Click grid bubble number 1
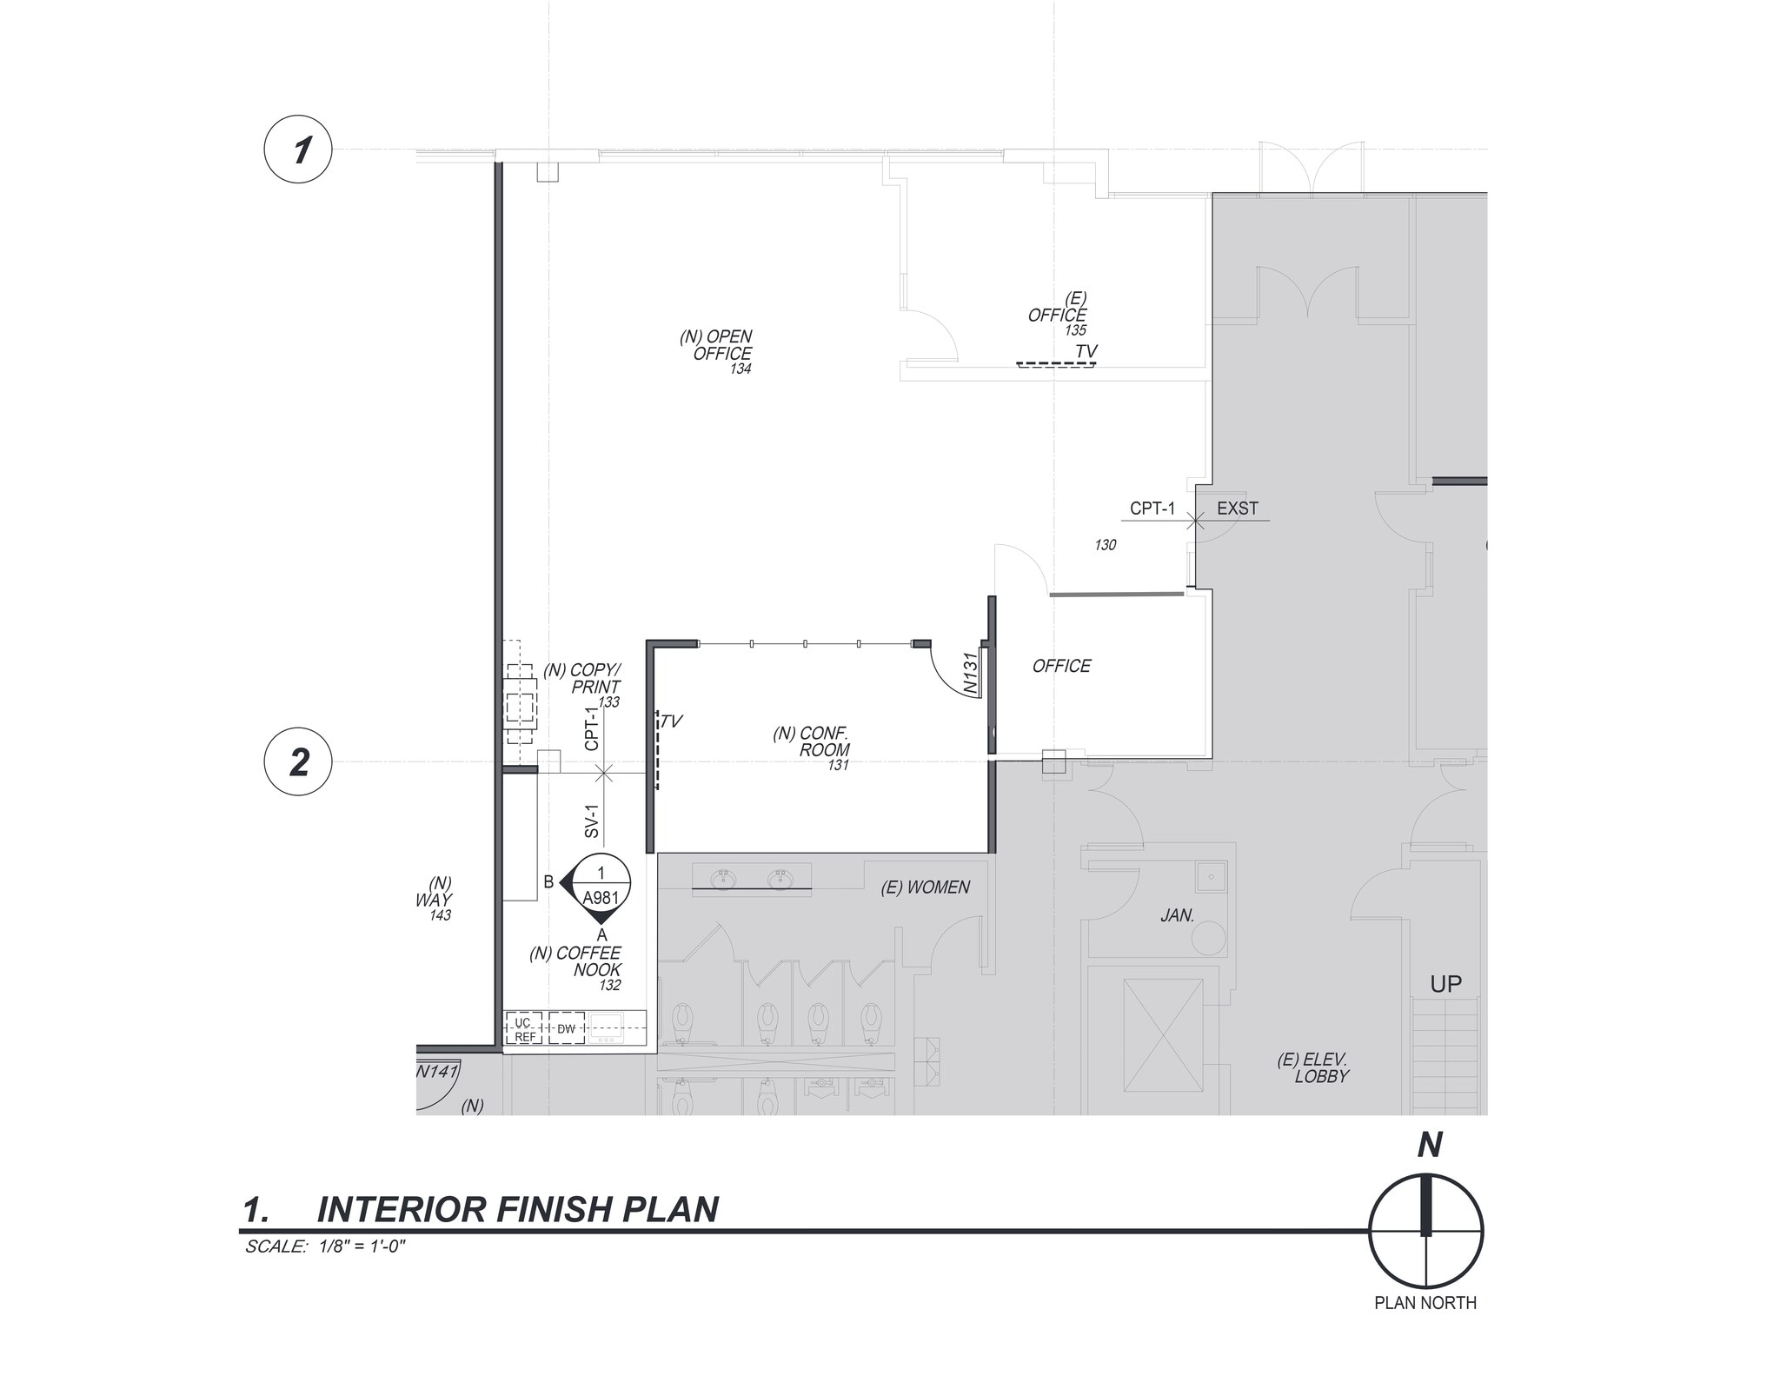[298, 150]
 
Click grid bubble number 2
[298, 762]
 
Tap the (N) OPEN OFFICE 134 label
[718, 351]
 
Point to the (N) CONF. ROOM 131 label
[813, 748]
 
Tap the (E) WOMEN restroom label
[925, 887]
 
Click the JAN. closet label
[1178, 915]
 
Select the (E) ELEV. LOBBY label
[1313, 1067]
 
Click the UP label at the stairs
[1445, 984]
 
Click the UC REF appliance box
[524, 1029]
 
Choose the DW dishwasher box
[567, 1029]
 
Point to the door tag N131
[972, 673]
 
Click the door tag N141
[436, 1072]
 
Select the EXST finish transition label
[1237, 509]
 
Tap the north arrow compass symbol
[1425, 1231]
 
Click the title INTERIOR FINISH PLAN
[517, 1210]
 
